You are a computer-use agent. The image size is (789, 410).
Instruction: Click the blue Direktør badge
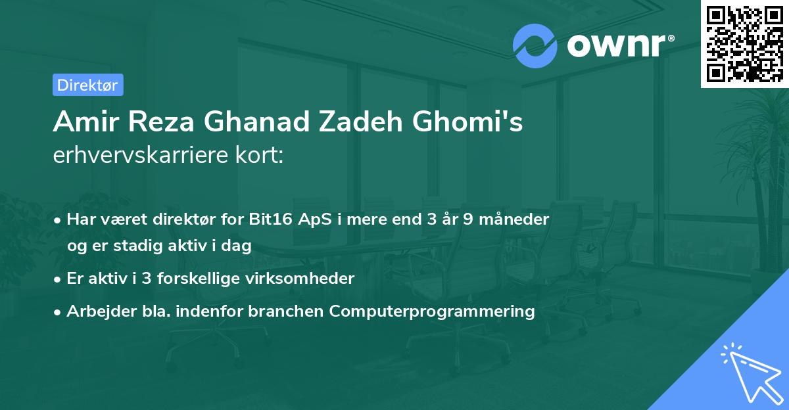[x=88, y=85]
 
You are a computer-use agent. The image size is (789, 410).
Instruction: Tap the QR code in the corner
[x=745, y=44]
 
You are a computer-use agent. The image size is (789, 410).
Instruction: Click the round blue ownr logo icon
[x=535, y=46]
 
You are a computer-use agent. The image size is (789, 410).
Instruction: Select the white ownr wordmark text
[x=621, y=45]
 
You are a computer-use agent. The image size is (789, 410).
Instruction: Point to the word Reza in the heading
[x=161, y=122]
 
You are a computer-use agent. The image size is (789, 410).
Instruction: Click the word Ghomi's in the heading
[x=467, y=122]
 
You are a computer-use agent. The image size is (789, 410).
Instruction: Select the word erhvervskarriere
[x=141, y=154]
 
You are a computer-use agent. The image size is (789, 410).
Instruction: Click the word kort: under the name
[x=259, y=154]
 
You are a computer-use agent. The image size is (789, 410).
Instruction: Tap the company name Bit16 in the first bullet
[x=270, y=219]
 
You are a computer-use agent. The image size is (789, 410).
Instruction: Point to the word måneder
[x=514, y=219]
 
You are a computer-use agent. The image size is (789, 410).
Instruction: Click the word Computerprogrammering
[x=432, y=311]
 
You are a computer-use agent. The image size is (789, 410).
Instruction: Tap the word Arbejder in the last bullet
[x=101, y=311]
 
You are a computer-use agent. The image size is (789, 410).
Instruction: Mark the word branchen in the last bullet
[x=285, y=311]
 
